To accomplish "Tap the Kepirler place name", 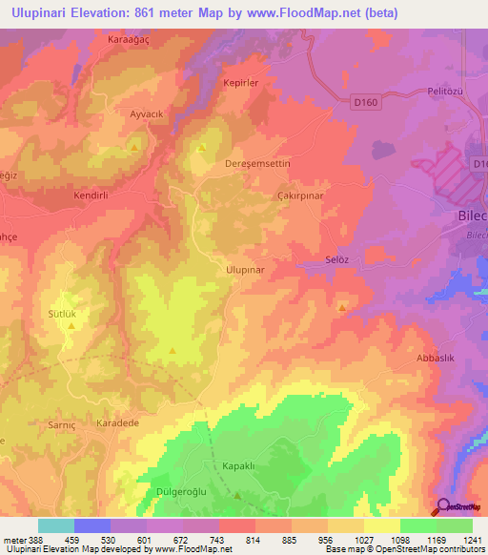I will tap(241, 83).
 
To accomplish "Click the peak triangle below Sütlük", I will tap(71, 326).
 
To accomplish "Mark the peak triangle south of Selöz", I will tap(342, 307).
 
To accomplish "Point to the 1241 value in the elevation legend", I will tap(471, 540).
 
